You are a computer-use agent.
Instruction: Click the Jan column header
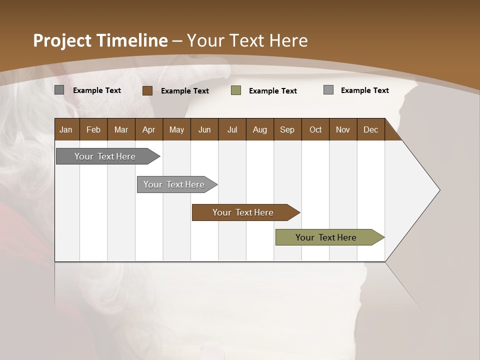[x=66, y=129]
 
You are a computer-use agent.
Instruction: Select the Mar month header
[x=121, y=129]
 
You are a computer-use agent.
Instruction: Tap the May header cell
[x=176, y=129]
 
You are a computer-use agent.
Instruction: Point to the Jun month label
[x=204, y=129]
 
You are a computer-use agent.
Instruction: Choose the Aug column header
[x=259, y=129]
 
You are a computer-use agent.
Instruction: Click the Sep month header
[x=287, y=129]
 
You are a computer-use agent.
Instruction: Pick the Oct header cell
[x=315, y=129]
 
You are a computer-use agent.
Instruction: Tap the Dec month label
[x=370, y=129]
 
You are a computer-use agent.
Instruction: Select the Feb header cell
[x=93, y=129]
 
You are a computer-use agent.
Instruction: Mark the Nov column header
[x=343, y=129]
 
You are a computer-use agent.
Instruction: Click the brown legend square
[x=147, y=90]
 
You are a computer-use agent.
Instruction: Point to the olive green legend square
[x=236, y=90]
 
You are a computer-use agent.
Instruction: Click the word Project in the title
[x=62, y=40]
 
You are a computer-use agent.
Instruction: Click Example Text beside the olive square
[x=272, y=91]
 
